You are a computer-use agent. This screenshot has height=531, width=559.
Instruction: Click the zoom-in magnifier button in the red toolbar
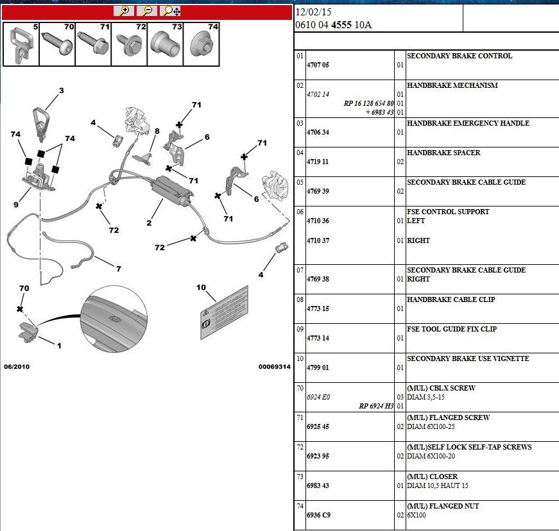[124, 11]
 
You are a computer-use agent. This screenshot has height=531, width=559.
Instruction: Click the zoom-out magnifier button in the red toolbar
[147, 11]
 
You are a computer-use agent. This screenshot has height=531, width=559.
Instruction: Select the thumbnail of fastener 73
[165, 44]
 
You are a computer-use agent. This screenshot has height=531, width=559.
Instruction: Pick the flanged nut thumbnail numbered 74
[202, 44]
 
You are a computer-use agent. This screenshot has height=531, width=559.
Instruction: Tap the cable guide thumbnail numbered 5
[21, 44]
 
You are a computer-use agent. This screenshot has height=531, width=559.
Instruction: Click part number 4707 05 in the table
[318, 65]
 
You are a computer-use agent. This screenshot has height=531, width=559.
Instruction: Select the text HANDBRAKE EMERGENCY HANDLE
[468, 123]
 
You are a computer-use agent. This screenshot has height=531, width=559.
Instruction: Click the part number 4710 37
[318, 240]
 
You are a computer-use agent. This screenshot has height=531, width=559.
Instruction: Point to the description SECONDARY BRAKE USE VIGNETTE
[468, 358]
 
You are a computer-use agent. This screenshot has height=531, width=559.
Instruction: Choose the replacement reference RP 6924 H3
[376, 406]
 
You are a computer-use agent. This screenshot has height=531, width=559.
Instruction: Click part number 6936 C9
[319, 515]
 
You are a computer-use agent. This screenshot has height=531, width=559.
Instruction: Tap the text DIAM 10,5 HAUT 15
[438, 485]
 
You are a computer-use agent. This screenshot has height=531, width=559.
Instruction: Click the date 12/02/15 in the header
[313, 12]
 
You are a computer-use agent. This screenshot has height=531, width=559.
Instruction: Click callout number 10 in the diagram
[201, 287]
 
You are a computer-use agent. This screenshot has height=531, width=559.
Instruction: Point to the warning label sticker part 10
[224, 312]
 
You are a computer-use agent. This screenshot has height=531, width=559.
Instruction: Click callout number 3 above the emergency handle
[62, 90]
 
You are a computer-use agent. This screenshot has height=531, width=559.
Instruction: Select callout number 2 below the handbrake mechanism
[149, 223]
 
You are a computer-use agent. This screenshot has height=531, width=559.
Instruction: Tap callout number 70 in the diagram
[24, 288]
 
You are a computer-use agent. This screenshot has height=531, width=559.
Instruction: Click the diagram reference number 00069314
[275, 367]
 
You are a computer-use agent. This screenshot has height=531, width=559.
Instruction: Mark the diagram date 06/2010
[17, 367]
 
